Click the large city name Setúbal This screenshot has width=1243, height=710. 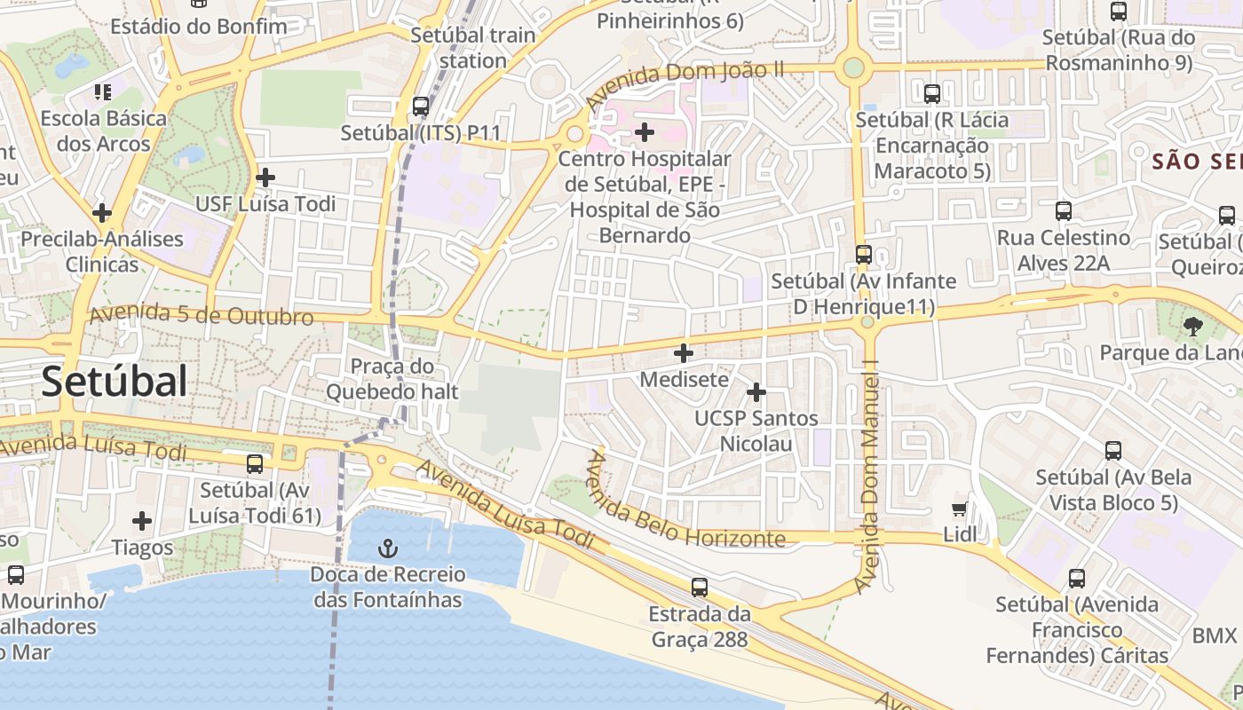point(114,382)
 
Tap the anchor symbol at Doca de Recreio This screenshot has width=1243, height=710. point(387,548)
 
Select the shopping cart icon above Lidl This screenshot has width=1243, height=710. point(959,509)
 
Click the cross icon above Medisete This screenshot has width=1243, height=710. point(684,353)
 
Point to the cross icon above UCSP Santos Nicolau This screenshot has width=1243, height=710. point(756,391)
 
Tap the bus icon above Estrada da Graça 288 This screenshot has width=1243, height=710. point(700,587)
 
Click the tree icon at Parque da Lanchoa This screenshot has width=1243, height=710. point(1192,327)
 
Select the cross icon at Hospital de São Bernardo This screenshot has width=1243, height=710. point(645,133)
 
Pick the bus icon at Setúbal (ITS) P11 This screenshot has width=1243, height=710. point(421,106)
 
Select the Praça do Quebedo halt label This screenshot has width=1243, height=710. point(392,379)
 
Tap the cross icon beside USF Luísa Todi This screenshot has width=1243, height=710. point(265,177)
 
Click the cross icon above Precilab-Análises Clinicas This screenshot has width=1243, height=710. point(102,213)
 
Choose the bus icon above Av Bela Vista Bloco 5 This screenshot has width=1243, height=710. point(1113,451)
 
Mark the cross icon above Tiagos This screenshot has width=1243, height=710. point(142,521)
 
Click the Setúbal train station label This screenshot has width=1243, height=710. point(473,48)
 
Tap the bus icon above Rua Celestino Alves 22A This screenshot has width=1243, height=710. point(1063,211)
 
